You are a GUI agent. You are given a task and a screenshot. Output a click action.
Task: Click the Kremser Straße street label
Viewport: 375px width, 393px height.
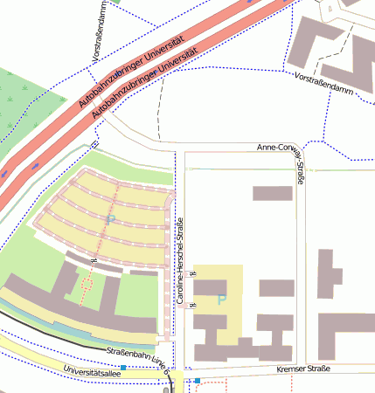click(x=302, y=369)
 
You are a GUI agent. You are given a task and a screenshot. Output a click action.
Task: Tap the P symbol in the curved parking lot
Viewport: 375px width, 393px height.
click(x=110, y=218)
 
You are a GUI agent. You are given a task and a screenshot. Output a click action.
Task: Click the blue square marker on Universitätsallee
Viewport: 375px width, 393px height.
click(x=123, y=368)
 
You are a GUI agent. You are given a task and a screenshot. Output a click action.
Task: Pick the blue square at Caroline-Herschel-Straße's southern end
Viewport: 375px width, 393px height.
click(x=198, y=381)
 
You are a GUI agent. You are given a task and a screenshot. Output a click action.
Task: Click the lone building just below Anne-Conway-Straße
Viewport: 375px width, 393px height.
click(x=272, y=193)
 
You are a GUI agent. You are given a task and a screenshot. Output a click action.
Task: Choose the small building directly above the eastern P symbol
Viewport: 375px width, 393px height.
click(x=211, y=286)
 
